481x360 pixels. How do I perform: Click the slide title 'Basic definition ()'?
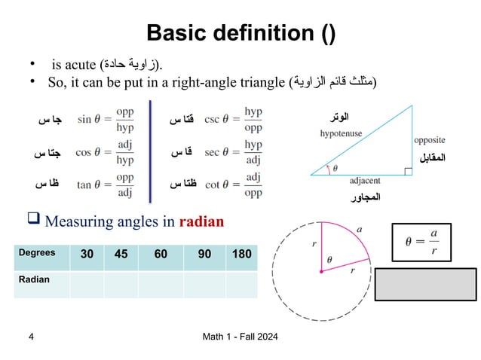click(240, 33)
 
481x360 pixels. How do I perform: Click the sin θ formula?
click(105, 119)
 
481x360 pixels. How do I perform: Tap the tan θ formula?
click(105, 184)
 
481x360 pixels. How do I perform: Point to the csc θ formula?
click(233, 119)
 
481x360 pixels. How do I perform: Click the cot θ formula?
click(233, 184)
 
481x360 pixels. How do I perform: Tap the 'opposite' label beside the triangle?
click(429, 140)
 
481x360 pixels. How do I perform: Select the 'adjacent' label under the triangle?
click(365, 182)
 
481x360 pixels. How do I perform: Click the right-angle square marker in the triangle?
click(408, 172)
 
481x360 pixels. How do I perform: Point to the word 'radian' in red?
click(201, 222)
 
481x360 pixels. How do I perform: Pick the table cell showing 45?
click(121, 255)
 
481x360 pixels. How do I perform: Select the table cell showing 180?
click(241, 255)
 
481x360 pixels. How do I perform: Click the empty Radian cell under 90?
click(204, 283)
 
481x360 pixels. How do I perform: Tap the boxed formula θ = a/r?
click(421, 242)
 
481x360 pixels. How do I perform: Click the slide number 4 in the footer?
click(31, 336)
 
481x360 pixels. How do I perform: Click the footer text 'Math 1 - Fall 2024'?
click(240, 336)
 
